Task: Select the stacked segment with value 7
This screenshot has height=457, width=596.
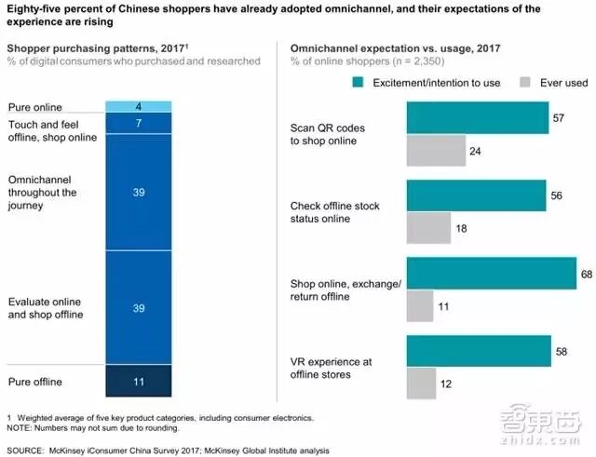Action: pyautogui.click(x=139, y=123)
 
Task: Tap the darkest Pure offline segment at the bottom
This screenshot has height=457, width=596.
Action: pyautogui.click(x=139, y=381)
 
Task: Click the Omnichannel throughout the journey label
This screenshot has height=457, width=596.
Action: pyautogui.click(x=42, y=194)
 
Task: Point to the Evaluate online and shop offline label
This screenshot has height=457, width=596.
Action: pyautogui.click(x=46, y=308)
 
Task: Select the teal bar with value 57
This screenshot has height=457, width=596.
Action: pyautogui.click(x=477, y=118)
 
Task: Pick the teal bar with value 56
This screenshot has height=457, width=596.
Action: pyautogui.click(x=476, y=195)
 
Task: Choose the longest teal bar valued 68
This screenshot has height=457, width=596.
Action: pyautogui.click(x=492, y=274)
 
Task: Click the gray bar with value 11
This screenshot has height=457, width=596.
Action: pyautogui.click(x=420, y=305)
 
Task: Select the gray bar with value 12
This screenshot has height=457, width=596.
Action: pyautogui.click(x=421, y=383)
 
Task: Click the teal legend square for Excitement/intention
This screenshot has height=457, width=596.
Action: pyautogui.click(x=358, y=82)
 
